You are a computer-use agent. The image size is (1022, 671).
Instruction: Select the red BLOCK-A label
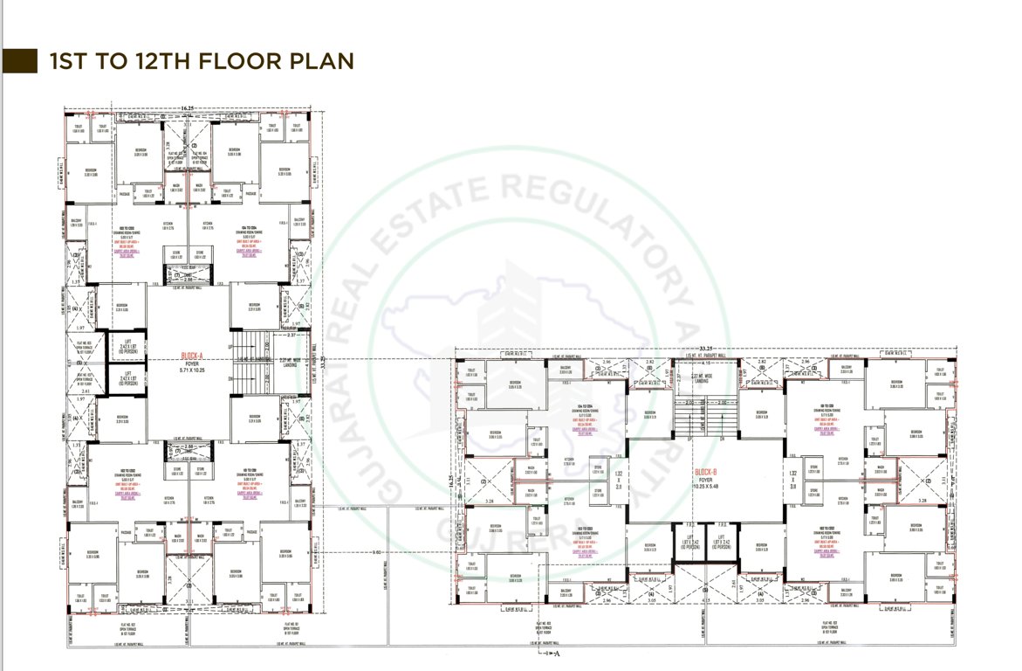tap(191, 356)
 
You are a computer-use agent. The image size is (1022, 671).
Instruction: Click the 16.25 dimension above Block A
tap(187, 109)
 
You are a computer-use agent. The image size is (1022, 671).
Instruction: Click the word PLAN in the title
tap(326, 60)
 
